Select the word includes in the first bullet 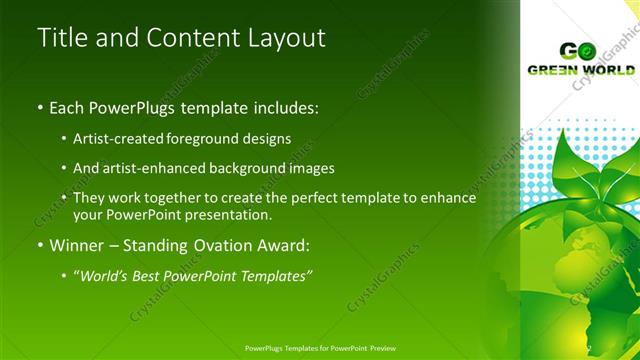click(263, 106)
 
